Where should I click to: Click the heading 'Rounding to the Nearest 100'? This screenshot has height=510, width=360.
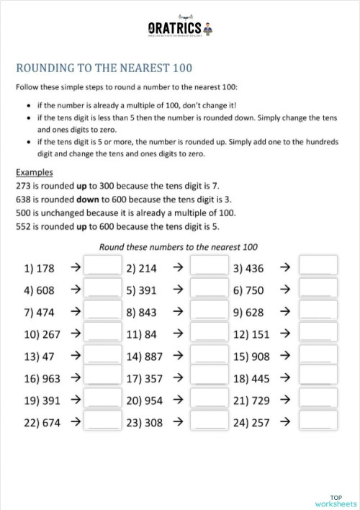coord(104,68)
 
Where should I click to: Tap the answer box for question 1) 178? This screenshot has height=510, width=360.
coord(102,269)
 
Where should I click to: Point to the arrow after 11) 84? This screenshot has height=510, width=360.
coord(178,334)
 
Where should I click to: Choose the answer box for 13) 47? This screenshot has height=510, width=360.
coord(102,357)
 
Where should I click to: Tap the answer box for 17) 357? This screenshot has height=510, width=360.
coord(210,378)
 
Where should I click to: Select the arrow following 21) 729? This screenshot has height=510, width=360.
coord(284,401)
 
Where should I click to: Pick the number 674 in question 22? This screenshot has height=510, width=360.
coord(48,423)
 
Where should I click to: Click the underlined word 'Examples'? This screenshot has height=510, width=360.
coord(34,173)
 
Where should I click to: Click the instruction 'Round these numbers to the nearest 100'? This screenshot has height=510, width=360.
coord(179,246)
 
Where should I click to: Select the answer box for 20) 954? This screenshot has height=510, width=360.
coord(210,401)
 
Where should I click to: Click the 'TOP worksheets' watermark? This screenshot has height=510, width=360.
coord(336,500)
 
